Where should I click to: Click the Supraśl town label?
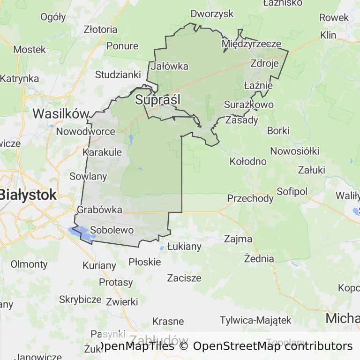pyautogui.click(x=157, y=100)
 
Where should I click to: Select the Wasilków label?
pyautogui.click(x=61, y=113)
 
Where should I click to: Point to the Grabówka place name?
pyautogui.click(x=99, y=210)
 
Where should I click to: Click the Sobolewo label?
pyautogui.click(x=112, y=230)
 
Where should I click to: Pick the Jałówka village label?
pyautogui.click(x=169, y=66)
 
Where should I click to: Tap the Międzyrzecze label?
pyautogui.click(x=251, y=44)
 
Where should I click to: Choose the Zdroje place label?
pyautogui.click(x=265, y=63)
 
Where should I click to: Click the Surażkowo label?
pyautogui.click(x=249, y=105)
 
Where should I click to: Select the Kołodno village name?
pyautogui.click(x=248, y=162)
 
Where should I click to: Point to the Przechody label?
pyautogui.click(x=250, y=198)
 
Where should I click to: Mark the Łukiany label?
pyautogui.click(x=184, y=246)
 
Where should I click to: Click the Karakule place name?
pyautogui.click(x=102, y=152)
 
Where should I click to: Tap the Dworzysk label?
pyautogui.click(x=212, y=14)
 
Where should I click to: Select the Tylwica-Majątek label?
pyautogui.click(x=256, y=321)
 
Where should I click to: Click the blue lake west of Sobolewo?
pyautogui.click(x=78, y=231)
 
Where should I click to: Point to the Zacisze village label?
pyautogui.click(x=184, y=277)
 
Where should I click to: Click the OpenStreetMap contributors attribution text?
pyautogui.click(x=273, y=346)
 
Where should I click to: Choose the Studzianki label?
pyautogui.click(x=118, y=75)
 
